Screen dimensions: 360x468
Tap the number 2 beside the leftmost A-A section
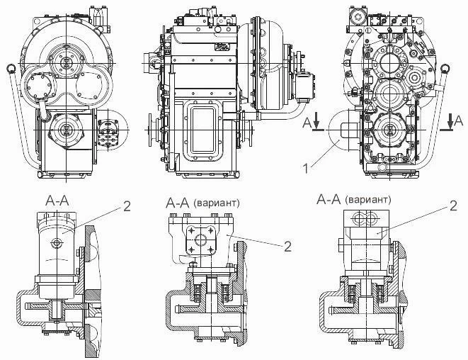[x=126, y=206]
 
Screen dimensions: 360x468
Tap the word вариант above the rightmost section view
[x=368, y=199]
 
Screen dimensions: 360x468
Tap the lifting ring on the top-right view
[x=445, y=69]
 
